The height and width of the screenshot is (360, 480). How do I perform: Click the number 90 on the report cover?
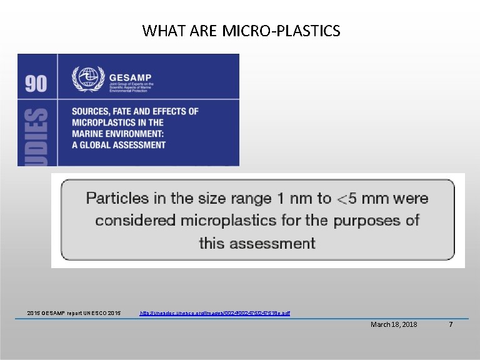tap(36, 82)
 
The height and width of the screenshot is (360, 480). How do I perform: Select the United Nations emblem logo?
tap(84, 77)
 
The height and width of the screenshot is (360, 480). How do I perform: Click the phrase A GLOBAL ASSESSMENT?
tap(119, 145)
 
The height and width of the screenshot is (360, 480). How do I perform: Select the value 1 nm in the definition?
tap(291, 199)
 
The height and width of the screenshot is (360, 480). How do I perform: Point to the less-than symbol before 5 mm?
tap(343, 199)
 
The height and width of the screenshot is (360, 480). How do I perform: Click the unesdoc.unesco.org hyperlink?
tap(214, 312)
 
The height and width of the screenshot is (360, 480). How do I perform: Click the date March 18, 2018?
tap(394, 324)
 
